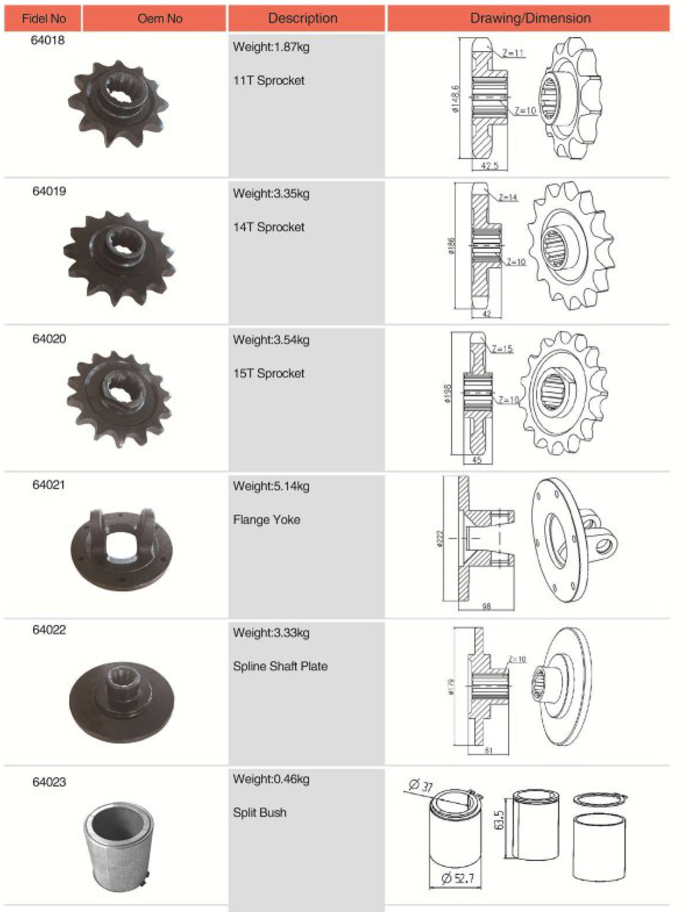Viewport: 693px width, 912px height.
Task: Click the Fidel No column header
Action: (x=43, y=19)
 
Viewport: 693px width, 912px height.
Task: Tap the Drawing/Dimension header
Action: (x=529, y=19)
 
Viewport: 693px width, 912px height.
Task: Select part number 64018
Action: (x=48, y=41)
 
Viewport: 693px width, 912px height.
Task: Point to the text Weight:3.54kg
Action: (x=271, y=340)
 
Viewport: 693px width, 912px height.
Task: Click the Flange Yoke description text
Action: (x=266, y=520)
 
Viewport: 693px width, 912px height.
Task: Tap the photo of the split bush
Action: (x=119, y=846)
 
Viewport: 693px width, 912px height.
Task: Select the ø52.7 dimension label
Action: (x=458, y=878)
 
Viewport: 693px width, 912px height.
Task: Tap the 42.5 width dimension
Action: (x=489, y=166)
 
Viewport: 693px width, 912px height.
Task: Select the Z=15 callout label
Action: (x=502, y=349)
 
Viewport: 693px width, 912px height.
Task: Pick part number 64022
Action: (x=49, y=630)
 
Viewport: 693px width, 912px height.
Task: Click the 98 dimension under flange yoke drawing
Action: (x=486, y=607)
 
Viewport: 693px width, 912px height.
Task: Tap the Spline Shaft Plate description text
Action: (x=280, y=666)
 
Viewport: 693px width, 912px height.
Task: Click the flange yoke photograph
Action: (x=122, y=549)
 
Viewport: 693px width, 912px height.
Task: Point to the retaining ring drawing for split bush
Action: (x=600, y=800)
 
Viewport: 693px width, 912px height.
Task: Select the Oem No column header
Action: (x=159, y=19)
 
